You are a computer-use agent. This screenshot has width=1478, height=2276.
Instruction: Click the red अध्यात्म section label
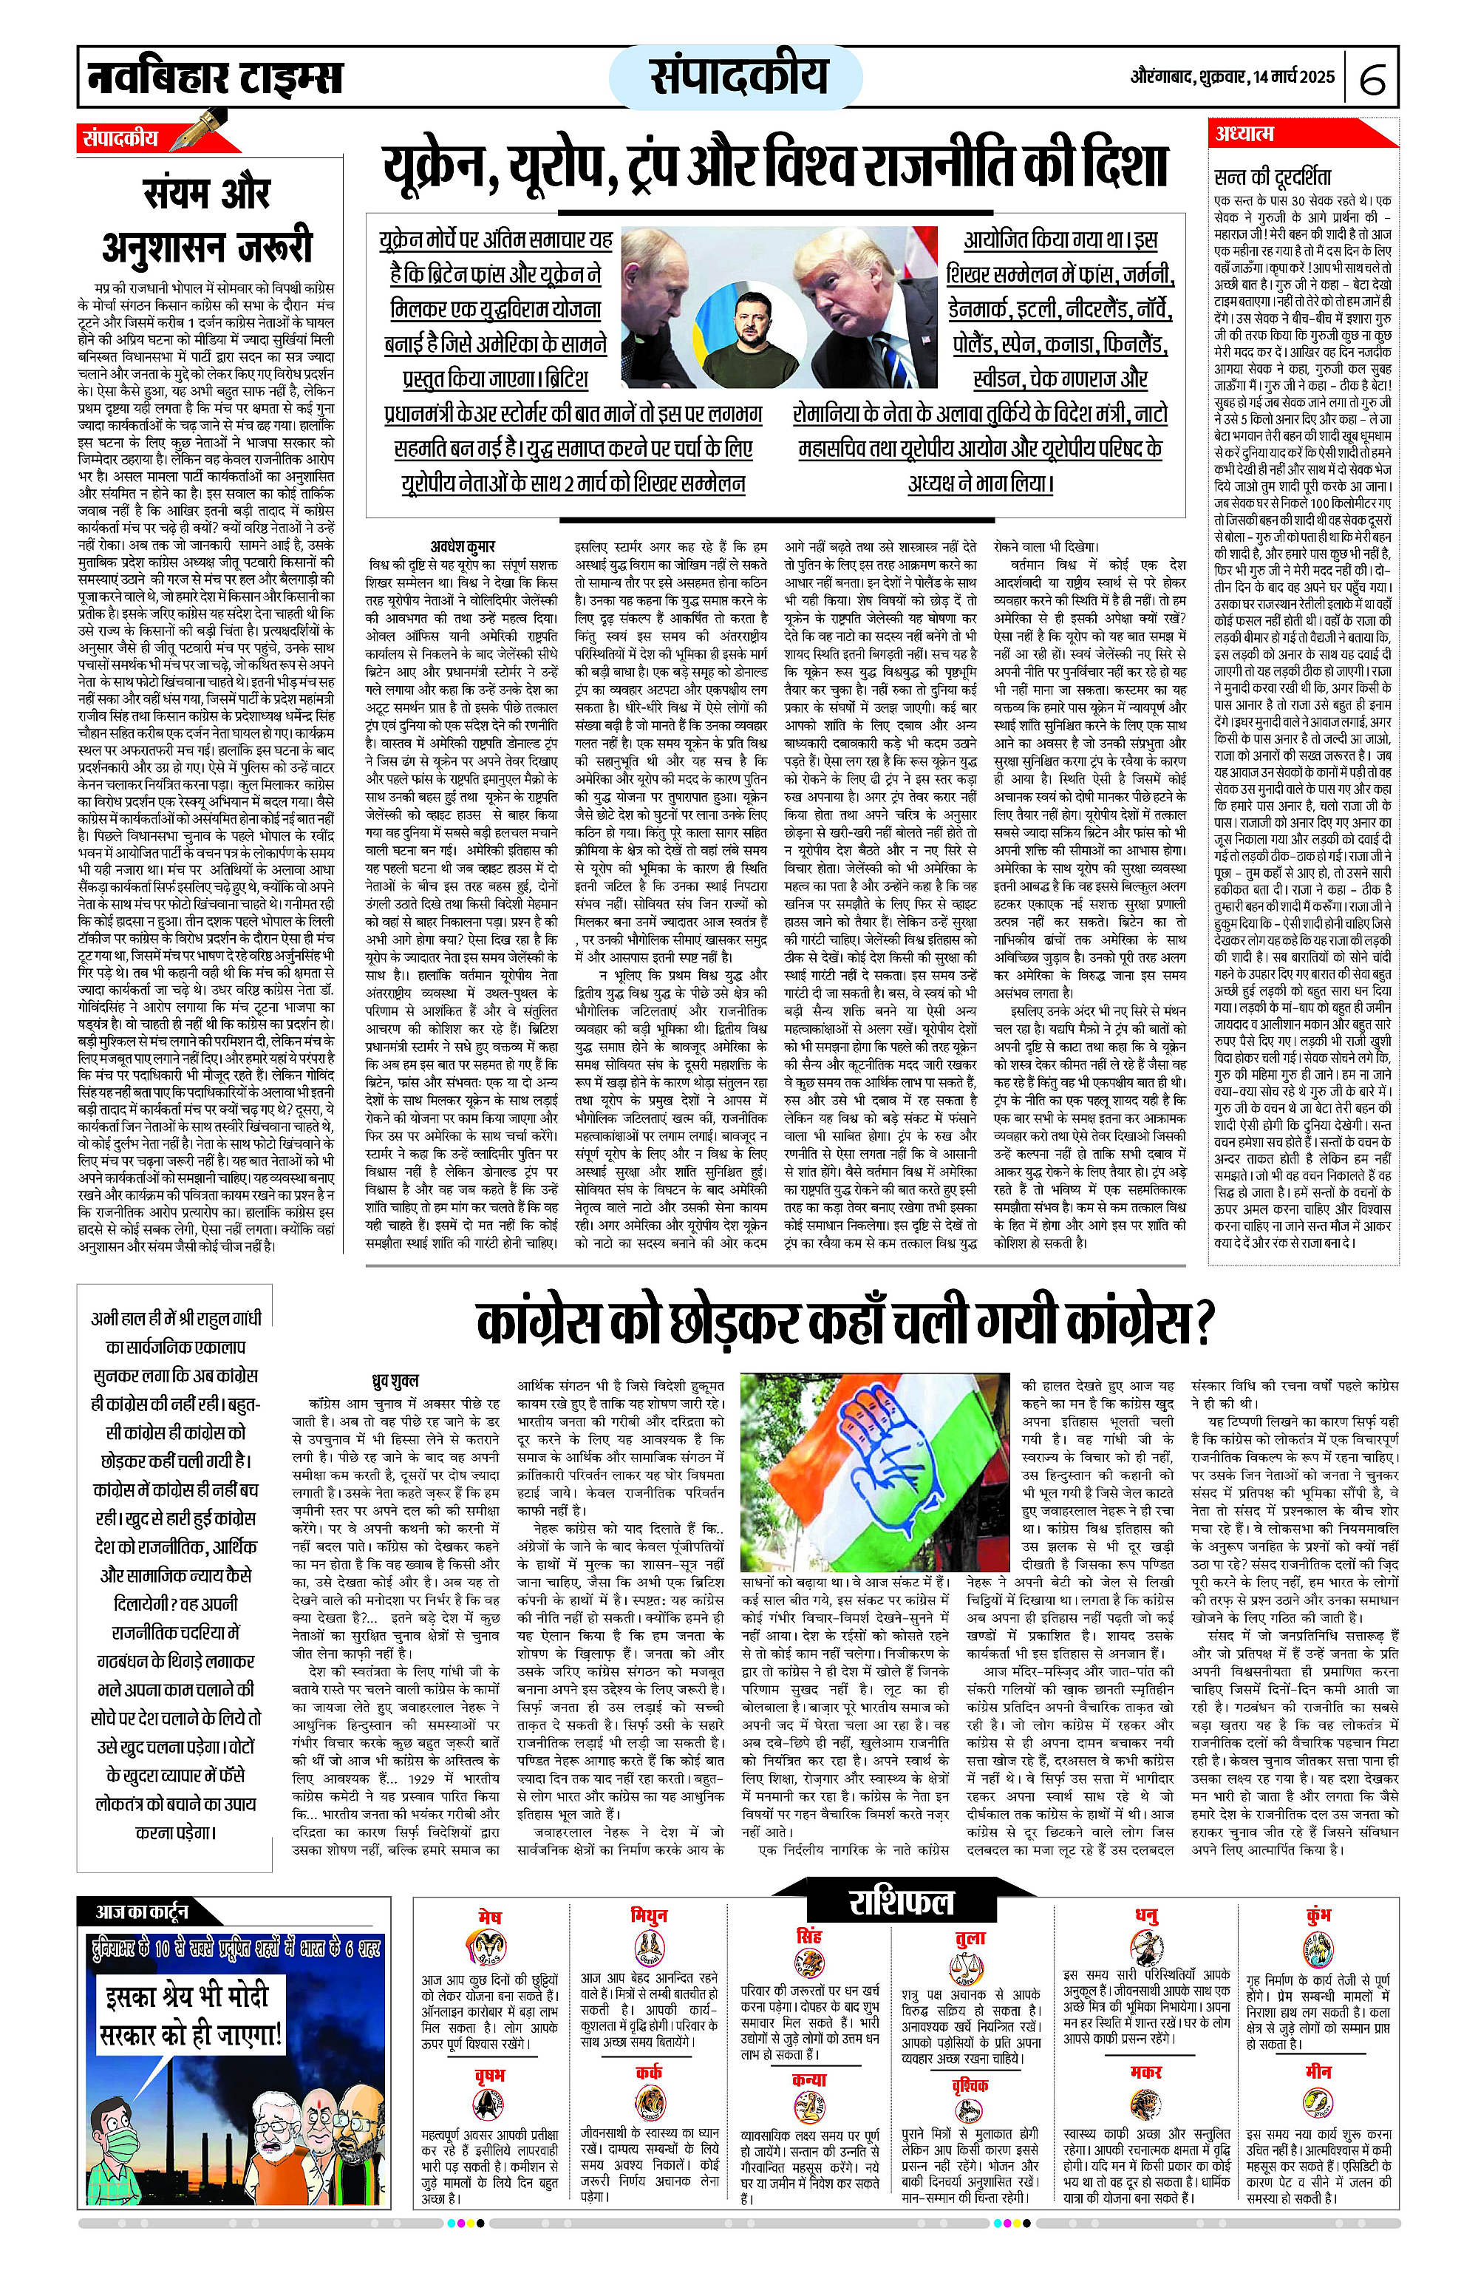pyautogui.click(x=1244, y=133)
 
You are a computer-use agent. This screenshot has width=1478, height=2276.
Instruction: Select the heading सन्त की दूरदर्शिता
pyautogui.click(x=1272, y=177)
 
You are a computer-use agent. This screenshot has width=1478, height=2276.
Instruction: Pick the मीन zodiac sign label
pyautogui.click(x=1318, y=2071)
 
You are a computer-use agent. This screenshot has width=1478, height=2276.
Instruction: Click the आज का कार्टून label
pyautogui.click(x=141, y=1911)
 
